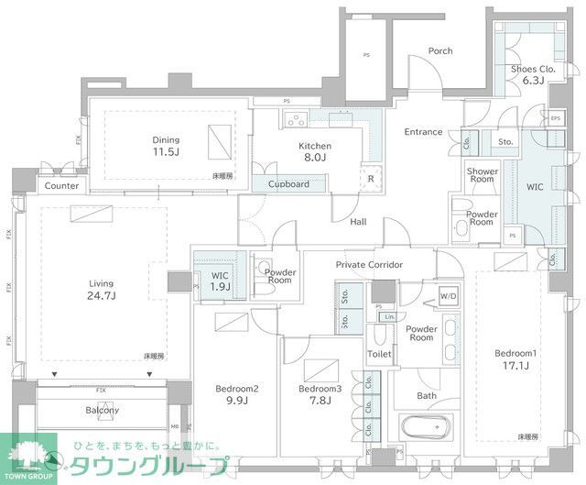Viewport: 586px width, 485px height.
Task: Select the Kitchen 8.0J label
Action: pyautogui.click(x=314, y=152)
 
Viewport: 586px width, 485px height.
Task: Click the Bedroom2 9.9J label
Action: pyautogui.click(x=237, y=394)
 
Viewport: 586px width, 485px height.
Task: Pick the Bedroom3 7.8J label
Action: pyautogui.click(x=320, y=394)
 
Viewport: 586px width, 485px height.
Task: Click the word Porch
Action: pyautogui.click(x=440, y=51)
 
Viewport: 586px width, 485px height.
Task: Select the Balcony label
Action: pyautogui.click(x=103, y=410)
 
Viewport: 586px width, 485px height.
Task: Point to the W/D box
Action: pyautogui.click(x=448, y=297)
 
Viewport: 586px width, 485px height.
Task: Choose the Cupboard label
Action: pyautogui.click(x=288, y=183)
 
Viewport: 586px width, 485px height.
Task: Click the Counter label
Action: pyautogui.click(x=61, y=186)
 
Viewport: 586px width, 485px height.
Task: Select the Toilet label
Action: pyautogui.click(x=379, y=354)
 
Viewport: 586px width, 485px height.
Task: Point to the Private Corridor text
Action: pyautogui.click(x=369, y=265)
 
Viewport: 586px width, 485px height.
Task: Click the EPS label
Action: pyautogui.click(x=555, y=118)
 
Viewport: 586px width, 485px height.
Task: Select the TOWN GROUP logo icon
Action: pyautogui.click(x=27, y=455)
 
